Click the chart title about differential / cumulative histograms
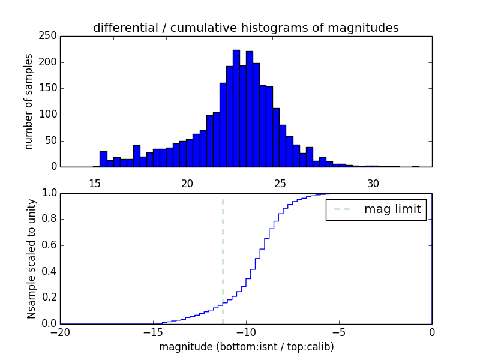245,28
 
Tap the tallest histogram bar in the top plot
236,108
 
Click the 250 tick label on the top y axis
49,36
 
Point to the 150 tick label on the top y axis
49,88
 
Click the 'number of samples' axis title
29,101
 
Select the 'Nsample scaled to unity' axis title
31,259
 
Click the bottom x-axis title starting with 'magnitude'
246,347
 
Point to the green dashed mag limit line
223,258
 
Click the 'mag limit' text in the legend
392,209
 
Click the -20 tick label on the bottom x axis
59,332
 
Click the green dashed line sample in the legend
342,209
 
